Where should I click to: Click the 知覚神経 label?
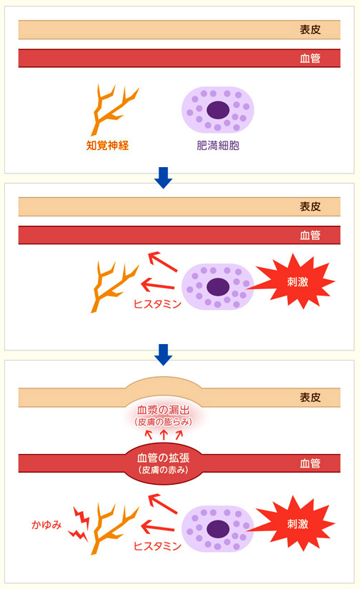107,146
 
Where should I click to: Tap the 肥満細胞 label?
218,146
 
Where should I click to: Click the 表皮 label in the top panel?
310,30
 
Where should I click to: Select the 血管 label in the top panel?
310,59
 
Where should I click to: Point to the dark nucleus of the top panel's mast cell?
218,110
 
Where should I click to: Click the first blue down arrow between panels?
164,178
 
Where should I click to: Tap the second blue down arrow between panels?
164,355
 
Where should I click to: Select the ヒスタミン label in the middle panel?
157,304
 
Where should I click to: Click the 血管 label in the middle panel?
310,235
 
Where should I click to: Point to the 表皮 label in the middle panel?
310,206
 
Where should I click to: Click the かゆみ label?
46,525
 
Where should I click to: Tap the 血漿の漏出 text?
164,410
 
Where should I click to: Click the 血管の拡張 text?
164,458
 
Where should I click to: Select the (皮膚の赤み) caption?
164,470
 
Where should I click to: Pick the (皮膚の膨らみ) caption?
164,422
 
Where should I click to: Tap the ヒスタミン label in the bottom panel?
157,545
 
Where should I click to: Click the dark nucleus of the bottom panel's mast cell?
218,529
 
